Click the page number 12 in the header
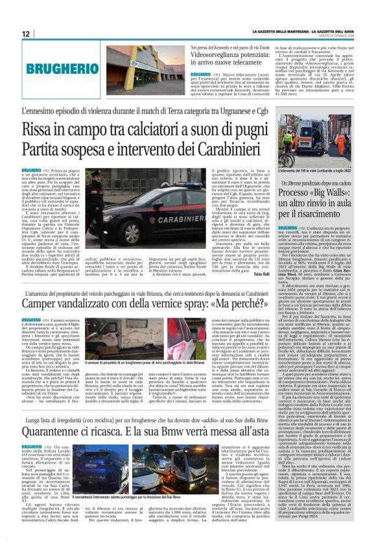click(26, 33)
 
